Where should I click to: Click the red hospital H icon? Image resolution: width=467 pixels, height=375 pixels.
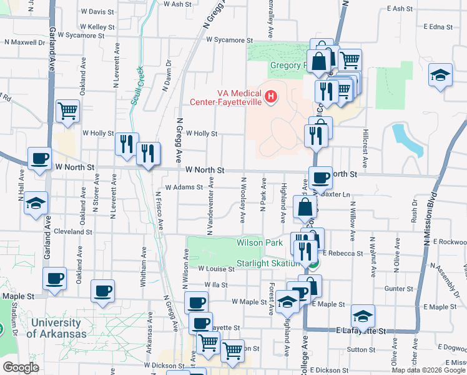click(270, 96)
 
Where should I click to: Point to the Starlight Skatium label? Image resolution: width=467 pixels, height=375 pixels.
click(269, 264)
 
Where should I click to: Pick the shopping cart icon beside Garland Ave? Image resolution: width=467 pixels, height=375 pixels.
click(67, 111)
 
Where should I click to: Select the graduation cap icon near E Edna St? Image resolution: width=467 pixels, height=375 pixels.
click(441, 76)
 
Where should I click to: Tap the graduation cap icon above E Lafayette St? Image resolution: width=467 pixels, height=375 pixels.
click(363, 315)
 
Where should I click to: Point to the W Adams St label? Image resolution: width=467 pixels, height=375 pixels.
click(184, 187)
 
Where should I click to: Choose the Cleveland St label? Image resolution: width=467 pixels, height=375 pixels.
click(73, 231)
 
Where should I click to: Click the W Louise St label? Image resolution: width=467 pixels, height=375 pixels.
click(215, 268)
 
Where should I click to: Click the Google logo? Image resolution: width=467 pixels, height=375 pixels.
click(21, 367)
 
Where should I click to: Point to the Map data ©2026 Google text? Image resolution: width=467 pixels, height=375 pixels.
click(428, 370)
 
